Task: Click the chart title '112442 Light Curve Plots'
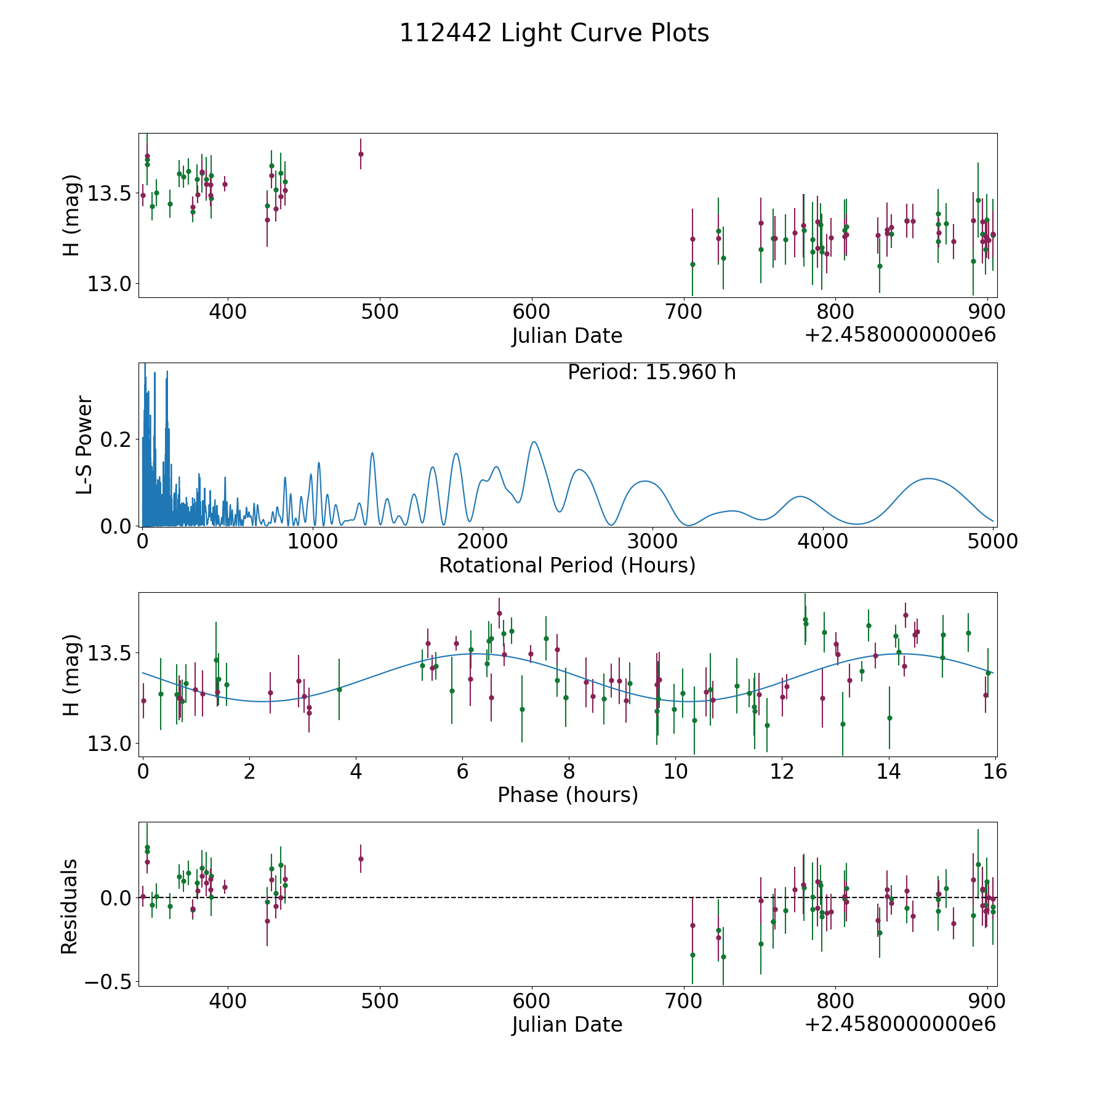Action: tap(554, 33)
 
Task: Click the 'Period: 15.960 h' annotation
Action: tap(651, 372)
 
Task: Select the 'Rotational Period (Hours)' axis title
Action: tap(567, 565)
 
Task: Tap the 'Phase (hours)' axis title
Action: tap(568, 795)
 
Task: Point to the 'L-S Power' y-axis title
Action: tap(84, 444)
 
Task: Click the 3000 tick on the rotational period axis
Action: tap(652, 542)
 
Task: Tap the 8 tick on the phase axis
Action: tap(569, 771)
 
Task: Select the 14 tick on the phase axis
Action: tap(889, 771)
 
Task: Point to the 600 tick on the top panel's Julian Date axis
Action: tap(531, 312)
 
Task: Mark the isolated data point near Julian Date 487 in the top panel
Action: tap(361, 154)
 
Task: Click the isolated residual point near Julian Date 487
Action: tap(361, 859)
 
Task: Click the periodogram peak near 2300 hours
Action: tap(534, 442)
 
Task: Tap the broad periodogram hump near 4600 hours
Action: tap(928, 479)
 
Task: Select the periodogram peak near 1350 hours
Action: tap(372, 454)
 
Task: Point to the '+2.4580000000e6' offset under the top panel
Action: tap(900, 335)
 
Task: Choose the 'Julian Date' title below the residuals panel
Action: tap(567, 1024)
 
